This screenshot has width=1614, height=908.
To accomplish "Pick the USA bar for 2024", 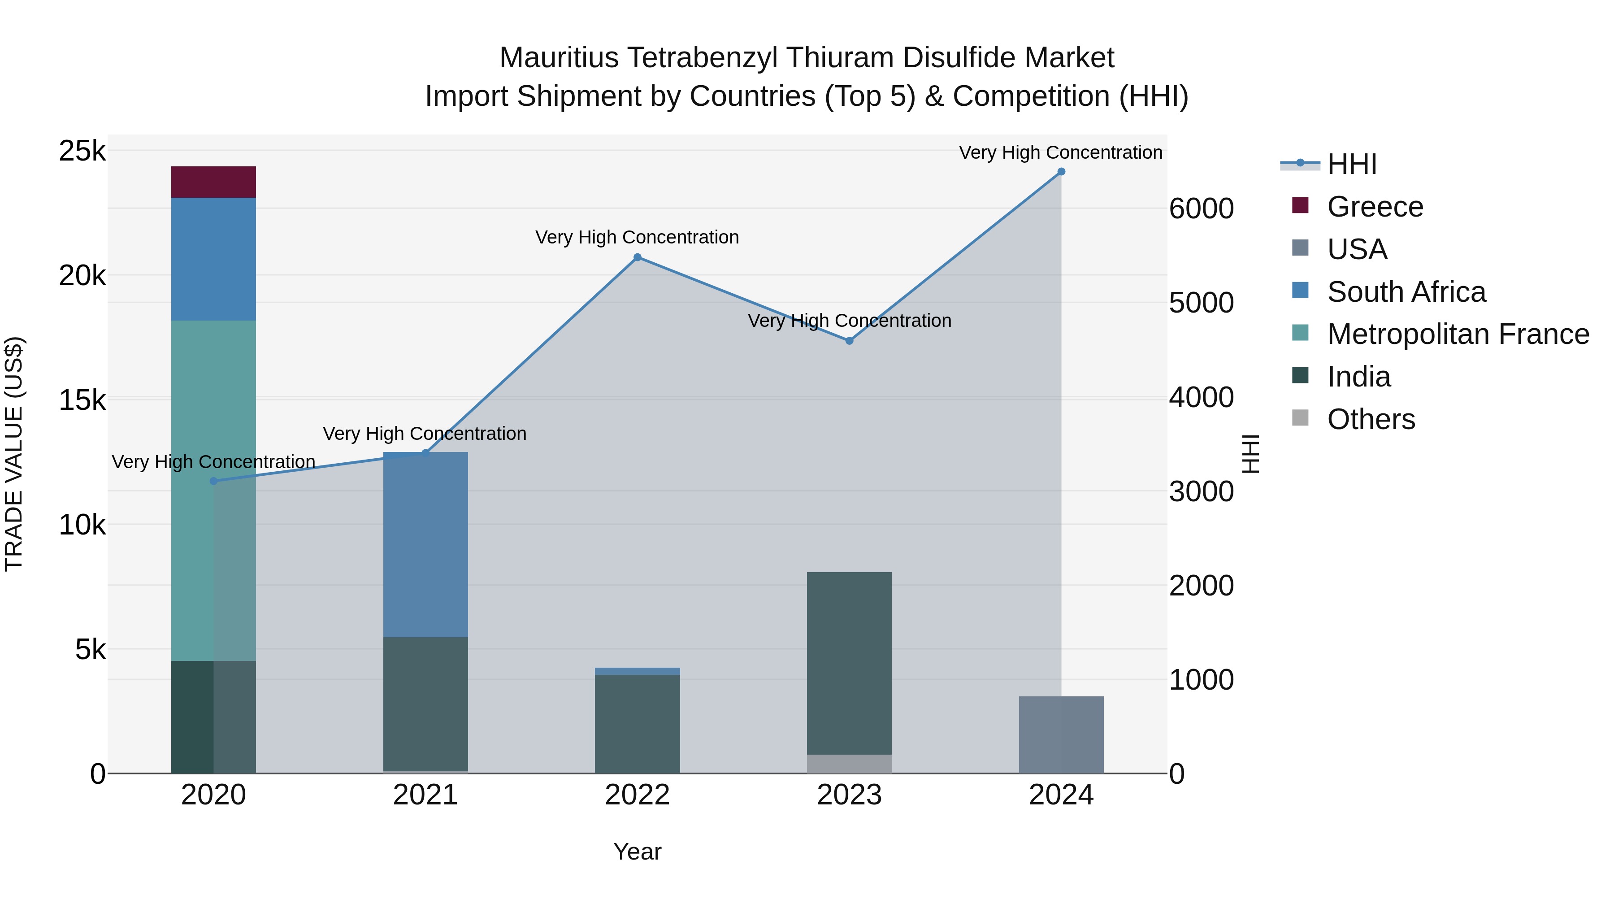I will pyautogui.click(x=1061, y=734).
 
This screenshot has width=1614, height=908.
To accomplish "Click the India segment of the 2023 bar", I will pyautogui.click(x=849, y=663).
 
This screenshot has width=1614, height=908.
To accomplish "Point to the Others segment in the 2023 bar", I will pyautogui.click(x=849, y=764).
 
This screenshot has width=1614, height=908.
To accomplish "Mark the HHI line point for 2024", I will pyautogui.click(x=1061, y=172).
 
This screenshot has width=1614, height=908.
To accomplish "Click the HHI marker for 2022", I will pyautogui.click(x=637, y=257).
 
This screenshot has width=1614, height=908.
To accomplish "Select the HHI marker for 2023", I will pyautogui.click(x=849, y=341).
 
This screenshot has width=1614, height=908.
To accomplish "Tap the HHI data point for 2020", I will pyautogui.click(x=214, y=481).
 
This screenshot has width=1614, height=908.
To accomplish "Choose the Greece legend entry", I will pyautogui.click(x=1375, y=207).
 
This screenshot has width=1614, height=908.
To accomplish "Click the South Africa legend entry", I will pyautogui.click(x=1406, y=292).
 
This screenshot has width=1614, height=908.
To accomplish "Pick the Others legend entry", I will pyautogui.click(x=1371, y=419).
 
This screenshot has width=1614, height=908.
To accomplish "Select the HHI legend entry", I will pyautogui.click(x=1351, y=164).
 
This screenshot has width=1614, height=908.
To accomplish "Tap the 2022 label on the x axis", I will pyautogui.click(x=637, y=795).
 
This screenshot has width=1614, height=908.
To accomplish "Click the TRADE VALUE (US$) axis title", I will pyautogui.click(x=14, y=454).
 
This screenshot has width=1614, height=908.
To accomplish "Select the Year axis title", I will pyautogui.click(x=637, y=852).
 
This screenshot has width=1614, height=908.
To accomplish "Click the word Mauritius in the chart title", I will pyautogui.click(x=559, y=58).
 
